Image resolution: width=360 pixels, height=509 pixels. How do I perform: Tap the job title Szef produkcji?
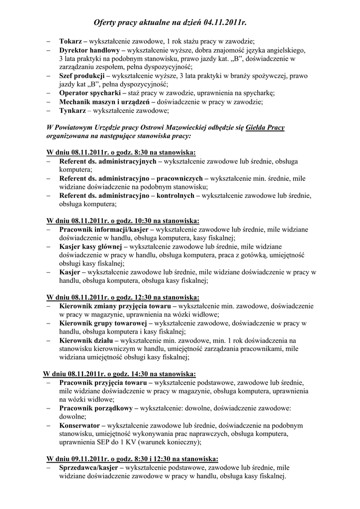tap(82, 76)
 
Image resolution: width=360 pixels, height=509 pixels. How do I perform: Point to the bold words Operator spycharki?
tap(91, 93)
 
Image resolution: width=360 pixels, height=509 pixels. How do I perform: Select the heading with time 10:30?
tap(123, 220)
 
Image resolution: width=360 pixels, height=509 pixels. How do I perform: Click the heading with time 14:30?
tap(119, 373)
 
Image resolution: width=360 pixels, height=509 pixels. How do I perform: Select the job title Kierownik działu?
tap(87, 340)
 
